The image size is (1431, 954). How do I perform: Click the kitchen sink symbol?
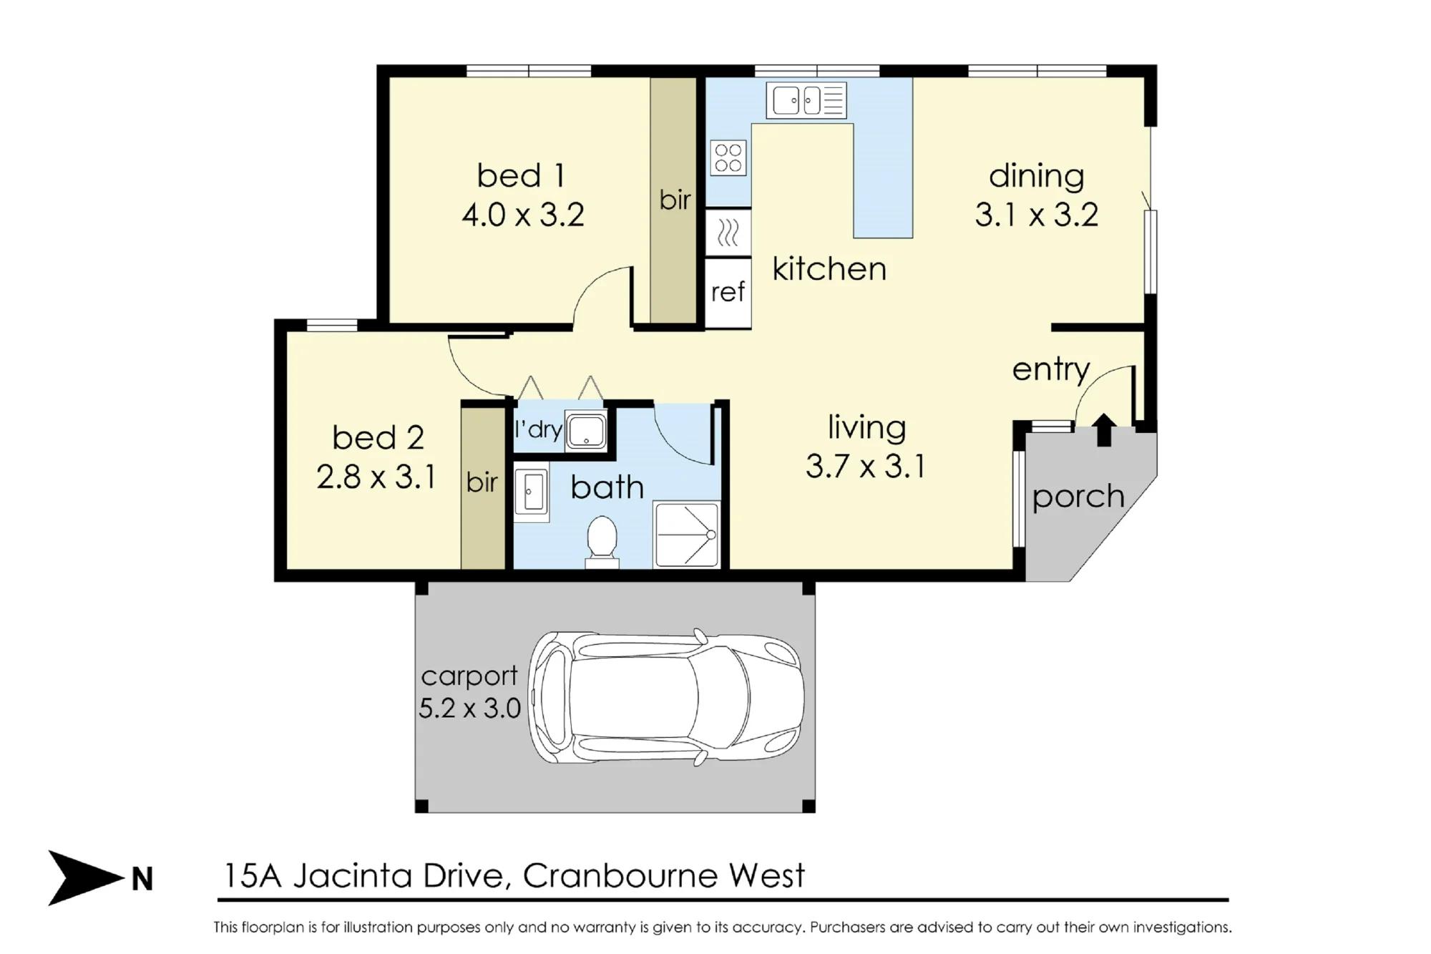point(806,100)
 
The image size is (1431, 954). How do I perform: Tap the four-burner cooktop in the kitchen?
point(728,157)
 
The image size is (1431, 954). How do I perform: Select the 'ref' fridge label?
point(728,292)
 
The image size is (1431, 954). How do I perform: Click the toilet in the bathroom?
point(602,542)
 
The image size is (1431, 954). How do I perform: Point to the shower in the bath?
point(686,535)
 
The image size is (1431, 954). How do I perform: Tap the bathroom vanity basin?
point(531,492)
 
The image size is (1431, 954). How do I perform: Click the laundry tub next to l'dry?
point(586,431)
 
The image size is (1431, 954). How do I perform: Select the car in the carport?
point(666,698)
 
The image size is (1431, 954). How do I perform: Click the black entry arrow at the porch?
point(1104,429)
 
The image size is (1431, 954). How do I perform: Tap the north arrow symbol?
point(86,877)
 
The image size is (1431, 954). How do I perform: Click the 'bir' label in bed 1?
point(675,200)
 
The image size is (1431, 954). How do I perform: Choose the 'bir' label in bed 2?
point(482,482)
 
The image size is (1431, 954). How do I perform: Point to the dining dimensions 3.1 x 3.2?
point(1036,215)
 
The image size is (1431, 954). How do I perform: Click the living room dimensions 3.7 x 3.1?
point(866,467)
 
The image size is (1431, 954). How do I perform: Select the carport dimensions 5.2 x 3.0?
point(469,709)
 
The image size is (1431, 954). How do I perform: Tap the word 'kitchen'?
point(829,269)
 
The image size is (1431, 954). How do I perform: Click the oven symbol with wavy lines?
point(728,233)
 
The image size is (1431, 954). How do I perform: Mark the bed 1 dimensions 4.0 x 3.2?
point(523,215)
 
